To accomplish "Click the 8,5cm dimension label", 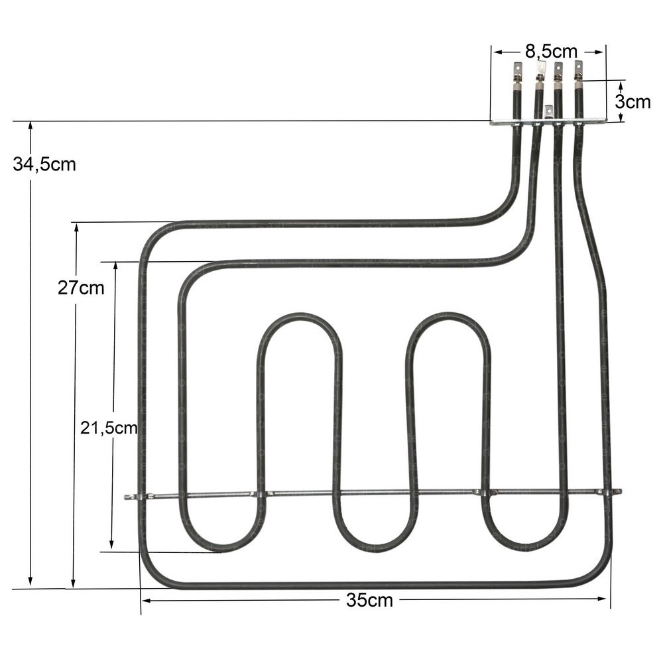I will click(x=551, y=50).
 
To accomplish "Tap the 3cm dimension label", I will click(x=632, y=102).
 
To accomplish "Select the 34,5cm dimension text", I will click(x=44, y=164).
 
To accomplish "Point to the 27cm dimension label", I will click(x=81, y=288).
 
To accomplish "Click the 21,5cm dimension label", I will click(x=109, y=428).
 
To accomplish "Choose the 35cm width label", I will click(x=369, y=601).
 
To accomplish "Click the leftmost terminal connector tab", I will click(x=517, y=70).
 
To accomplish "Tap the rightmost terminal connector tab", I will click(x=578, y=68).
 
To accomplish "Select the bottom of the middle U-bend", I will click(x=375, y=548).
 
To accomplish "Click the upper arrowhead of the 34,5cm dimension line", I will click(x=30, y=126).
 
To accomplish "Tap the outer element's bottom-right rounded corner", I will click(x=597, y=574).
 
